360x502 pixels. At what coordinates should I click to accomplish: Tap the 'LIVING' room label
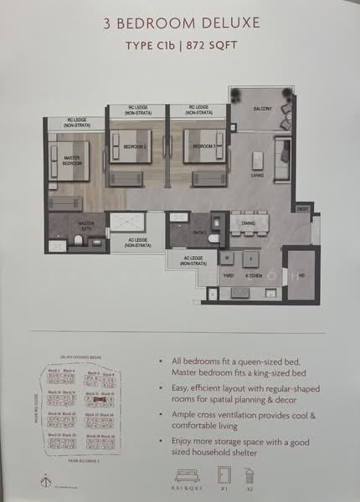pyautogui.click(x=257, y=176)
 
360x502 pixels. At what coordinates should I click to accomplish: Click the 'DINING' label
pyautogui.click(x=249, y=224)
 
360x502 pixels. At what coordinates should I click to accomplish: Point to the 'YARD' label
pyautogui.click(x=227, y=274)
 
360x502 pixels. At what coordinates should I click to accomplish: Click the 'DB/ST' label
pyautogui.click(x=303, y=208)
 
